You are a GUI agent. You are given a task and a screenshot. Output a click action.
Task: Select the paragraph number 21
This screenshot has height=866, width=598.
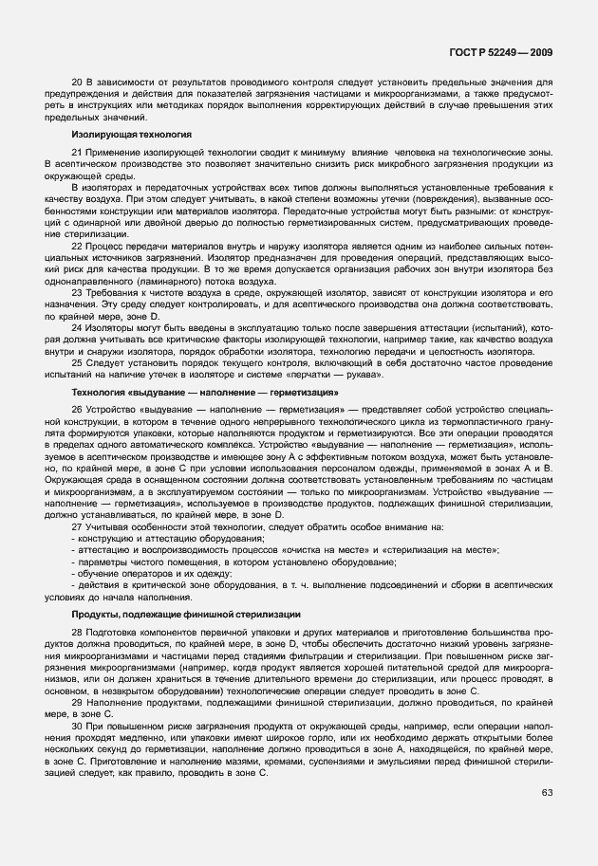tap(77, 153)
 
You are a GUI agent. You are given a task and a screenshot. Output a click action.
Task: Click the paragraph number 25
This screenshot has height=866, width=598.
tap(77, 365)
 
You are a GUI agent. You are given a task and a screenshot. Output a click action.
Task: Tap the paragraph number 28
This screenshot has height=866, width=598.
tap(77, 633)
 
